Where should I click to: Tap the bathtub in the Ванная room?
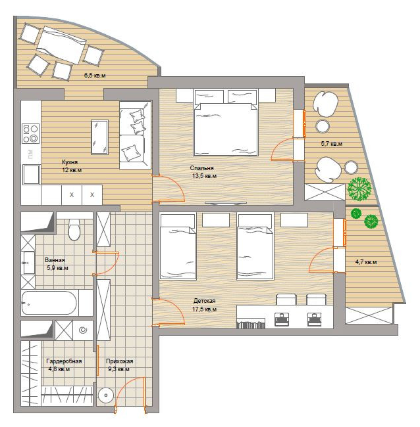[49, 303]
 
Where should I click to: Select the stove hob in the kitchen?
[30, 133]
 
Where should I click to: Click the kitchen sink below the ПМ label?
[31, 174]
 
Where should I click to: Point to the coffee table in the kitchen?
[99, 137]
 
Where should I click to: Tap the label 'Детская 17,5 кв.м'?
[205, 305]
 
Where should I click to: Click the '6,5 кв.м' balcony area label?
[95, 76]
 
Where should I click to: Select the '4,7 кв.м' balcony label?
[366, 262]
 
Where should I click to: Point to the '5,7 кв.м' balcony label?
[332, 143]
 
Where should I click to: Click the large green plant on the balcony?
[359, 189]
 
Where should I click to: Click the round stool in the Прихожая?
[105, 395]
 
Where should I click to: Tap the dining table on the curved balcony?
[61, 45]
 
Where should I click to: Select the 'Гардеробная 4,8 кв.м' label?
[64, 365]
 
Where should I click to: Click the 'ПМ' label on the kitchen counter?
[30, 154]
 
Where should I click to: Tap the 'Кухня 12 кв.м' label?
[72, 166]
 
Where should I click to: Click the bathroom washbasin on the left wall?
[28, 263]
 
